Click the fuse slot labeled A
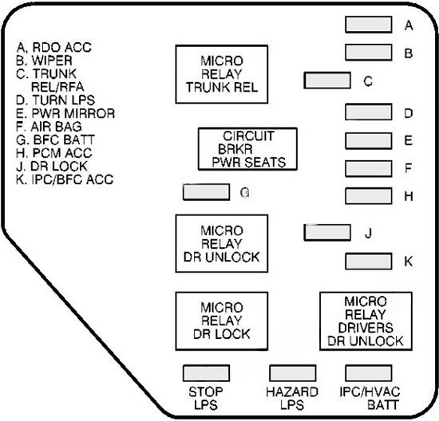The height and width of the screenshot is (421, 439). [367, 25]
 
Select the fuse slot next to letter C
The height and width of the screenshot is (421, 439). [326, 81]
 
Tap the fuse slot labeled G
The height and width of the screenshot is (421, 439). [205, 192]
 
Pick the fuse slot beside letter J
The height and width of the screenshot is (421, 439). [326, 232]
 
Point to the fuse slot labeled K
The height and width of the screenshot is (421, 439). [367, 262]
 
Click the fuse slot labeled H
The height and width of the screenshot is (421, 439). [367, 195]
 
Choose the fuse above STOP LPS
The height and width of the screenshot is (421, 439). [206, 373]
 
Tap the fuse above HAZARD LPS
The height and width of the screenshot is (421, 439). [292, 373]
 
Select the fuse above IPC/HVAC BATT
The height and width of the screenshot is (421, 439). [367, 373]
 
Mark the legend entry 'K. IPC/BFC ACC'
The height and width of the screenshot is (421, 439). [65, 180]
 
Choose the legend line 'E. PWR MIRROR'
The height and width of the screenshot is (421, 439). [65, 113]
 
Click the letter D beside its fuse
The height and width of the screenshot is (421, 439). [408, 113]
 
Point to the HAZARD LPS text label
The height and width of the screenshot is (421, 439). [293, 398]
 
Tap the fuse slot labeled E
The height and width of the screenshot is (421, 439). [367, 140]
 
